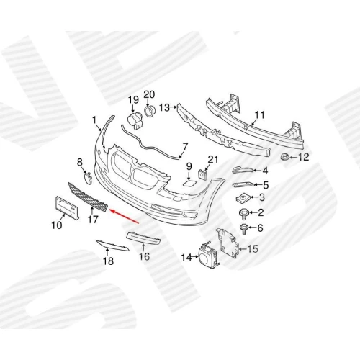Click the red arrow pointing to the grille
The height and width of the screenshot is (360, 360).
pos(124,216)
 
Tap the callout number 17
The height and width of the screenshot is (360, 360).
pos(93,219)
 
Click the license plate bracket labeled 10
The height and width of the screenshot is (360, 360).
pos(67,207)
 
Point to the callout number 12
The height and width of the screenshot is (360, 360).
pos(303,157)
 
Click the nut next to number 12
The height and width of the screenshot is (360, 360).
pos(284,157)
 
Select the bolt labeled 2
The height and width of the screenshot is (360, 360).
pos(243,214)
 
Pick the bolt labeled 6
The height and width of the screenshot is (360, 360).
pos(244,229)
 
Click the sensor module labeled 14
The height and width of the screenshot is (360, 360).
pos(208,256)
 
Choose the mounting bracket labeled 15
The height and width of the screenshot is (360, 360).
pos(228,243)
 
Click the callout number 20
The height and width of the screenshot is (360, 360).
pos(149,94)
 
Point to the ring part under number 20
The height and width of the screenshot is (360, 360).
pos(150,112)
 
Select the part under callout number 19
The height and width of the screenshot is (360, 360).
pos(135,121)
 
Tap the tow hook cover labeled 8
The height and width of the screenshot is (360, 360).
pos(88,179)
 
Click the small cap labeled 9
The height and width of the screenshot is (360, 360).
pos(189,184)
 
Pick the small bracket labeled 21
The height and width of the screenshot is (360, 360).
pos(203,174)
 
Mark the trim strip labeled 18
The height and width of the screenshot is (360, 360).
pos(112,246)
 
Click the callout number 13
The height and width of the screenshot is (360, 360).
pos(165,108)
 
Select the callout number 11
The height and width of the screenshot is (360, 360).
pos(259,115)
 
